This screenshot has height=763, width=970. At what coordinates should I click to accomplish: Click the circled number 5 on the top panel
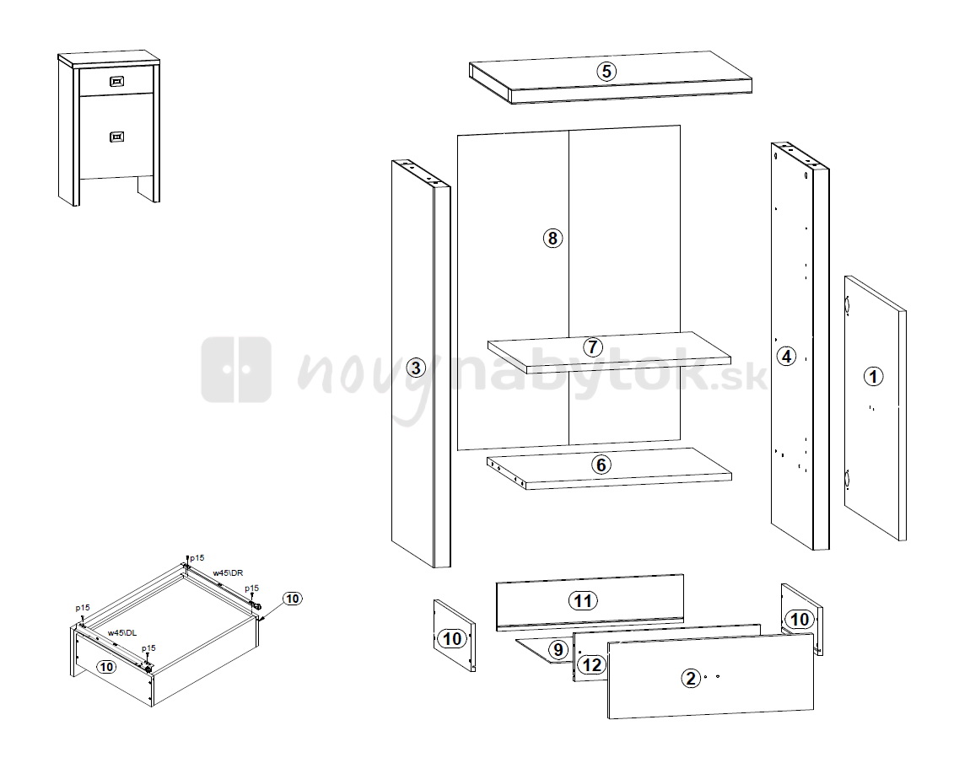606,71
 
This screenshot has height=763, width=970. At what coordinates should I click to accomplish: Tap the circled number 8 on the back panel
552,238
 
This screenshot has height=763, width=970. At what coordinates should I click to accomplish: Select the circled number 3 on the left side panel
416,368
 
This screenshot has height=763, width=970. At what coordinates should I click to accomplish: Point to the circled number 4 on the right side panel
786,356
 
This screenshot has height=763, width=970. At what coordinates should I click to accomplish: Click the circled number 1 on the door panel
873,376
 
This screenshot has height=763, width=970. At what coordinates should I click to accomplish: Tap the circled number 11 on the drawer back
583,600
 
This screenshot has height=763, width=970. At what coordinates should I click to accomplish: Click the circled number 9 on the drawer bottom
558,649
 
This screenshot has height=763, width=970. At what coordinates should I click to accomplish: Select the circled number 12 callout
591,664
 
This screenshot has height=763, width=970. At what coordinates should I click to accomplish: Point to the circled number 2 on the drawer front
691,679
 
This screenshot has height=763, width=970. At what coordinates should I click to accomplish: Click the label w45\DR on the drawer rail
228,573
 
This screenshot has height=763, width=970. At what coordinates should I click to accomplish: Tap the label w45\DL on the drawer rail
121,633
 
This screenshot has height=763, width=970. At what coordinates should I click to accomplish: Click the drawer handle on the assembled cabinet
116,81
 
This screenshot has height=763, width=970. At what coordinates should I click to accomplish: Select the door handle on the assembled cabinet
116,137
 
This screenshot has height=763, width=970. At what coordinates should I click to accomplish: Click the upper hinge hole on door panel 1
847,305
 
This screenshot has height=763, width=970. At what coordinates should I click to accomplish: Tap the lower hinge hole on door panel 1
848,479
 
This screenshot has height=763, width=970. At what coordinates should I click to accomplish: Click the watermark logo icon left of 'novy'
236,370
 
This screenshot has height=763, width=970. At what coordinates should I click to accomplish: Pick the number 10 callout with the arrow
293,599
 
